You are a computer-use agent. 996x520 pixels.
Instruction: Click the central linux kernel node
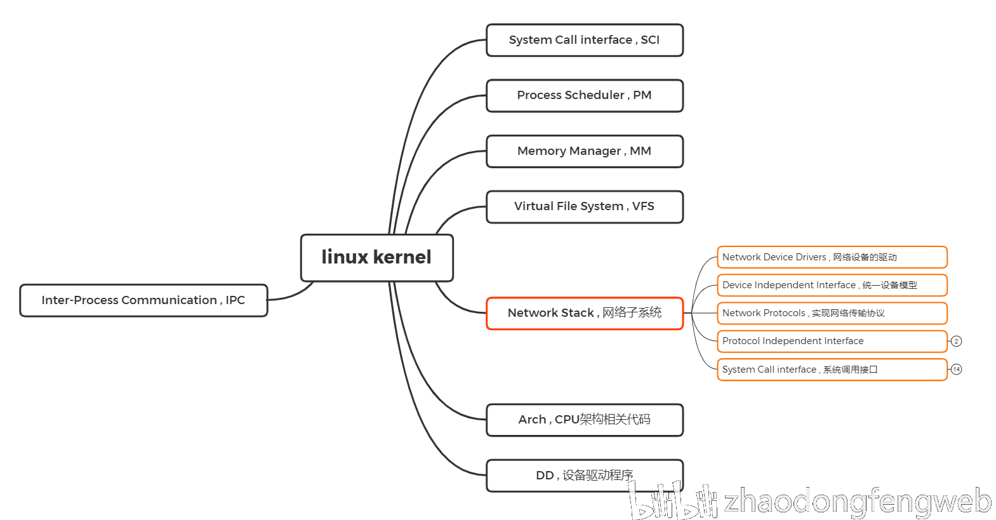coord(376,257)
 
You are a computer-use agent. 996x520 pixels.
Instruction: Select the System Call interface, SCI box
coord(584,40)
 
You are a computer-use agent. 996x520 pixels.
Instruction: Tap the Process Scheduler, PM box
coord(584,95)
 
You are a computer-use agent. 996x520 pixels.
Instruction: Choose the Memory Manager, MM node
coord(584,151)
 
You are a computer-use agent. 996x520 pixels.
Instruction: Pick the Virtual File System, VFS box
coord(584,206)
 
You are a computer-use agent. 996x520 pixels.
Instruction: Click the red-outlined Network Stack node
coord(584,313)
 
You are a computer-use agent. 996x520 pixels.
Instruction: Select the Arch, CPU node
coord(584,420)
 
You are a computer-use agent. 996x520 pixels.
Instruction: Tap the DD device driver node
coord(584,475)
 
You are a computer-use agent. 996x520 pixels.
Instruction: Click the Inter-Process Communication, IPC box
coord(143,300)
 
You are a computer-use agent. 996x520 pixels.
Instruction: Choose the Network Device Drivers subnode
coord(832,257)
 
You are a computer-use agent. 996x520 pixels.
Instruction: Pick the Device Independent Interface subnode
coord(832,285)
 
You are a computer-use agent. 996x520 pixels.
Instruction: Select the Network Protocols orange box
coord(832,313)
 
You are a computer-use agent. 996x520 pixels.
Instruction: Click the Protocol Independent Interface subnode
coord(832,341)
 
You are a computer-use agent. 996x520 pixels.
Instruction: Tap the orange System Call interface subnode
coord(832,370)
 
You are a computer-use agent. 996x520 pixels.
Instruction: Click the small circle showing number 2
coord(956,341)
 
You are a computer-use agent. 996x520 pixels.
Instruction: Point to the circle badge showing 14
coord(956,369)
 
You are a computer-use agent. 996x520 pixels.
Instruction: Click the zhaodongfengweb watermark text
coord(857,502)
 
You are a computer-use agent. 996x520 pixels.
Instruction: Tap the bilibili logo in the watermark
coord(673,502)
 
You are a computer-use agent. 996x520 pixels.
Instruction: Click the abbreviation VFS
coord(643,206)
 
